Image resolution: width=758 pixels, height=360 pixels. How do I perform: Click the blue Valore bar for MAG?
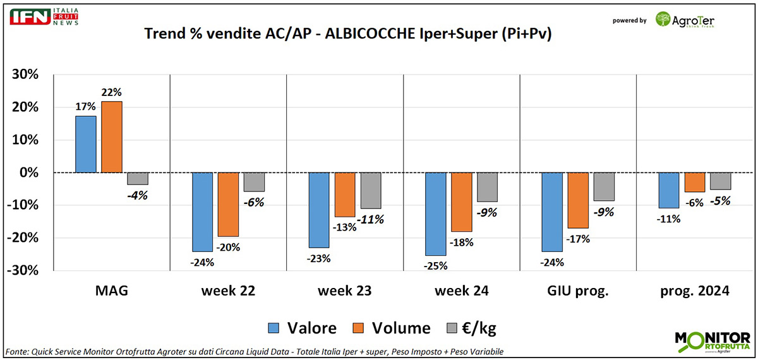[85, 144]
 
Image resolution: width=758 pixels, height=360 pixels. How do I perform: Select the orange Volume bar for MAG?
[111, 136]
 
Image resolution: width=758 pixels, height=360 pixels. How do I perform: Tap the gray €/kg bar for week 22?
[254, 182]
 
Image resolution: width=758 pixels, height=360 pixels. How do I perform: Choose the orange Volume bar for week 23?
[344, 195]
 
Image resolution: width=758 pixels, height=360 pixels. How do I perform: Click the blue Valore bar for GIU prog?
[551, 212]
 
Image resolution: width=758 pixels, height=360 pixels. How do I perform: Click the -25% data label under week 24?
[435, 265]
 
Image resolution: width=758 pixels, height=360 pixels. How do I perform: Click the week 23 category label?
[344, 291]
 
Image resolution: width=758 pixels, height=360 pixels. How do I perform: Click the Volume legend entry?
[392, 328]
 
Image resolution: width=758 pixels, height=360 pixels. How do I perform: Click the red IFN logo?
[30, 17]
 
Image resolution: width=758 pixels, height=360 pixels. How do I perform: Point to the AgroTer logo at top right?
[685, 20]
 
